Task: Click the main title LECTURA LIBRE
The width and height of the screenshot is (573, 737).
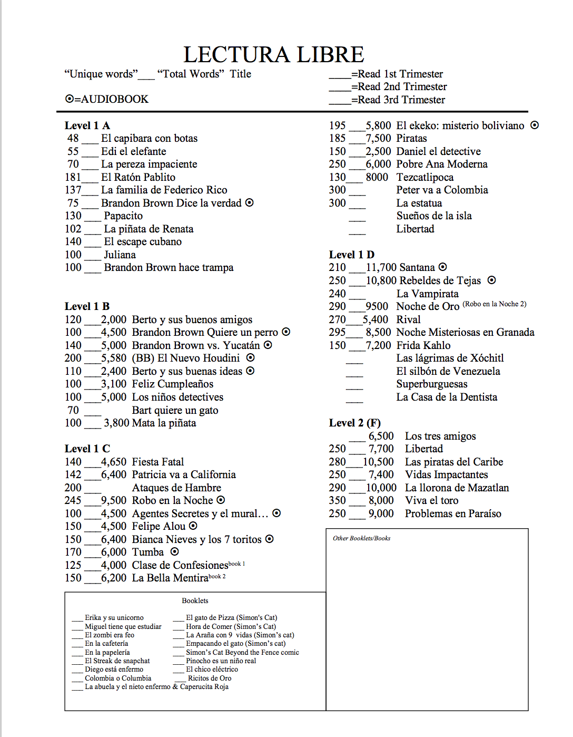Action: click(273, 55)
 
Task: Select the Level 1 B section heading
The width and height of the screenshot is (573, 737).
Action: click(87, 306)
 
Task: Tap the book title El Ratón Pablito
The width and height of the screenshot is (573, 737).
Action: click(138, 177)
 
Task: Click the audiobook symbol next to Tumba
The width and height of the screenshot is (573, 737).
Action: click(175, 551)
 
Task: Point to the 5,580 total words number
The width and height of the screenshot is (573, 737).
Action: click(114, 358)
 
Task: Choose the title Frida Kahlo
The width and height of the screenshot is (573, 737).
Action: click(423, 345)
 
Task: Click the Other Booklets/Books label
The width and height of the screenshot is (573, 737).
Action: click(361, 538)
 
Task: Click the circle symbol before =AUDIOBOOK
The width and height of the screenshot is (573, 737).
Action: click(69, 99)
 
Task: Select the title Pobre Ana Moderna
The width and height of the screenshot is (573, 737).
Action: click(441, 164)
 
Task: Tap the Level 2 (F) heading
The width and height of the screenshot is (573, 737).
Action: click(354, 423)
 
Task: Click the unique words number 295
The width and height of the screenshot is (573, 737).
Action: click(337, 332)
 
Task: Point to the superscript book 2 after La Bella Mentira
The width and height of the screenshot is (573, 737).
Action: click(217, 576)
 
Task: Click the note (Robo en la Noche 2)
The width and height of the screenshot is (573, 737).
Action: click(494, 304)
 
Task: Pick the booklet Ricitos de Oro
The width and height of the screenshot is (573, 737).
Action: click(210, 678)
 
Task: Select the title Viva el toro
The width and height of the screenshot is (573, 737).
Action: click(431, 500)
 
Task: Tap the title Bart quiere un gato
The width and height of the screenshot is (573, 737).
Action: click(175, 410)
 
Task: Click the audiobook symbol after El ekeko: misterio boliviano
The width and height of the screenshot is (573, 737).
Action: click(535, 125)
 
